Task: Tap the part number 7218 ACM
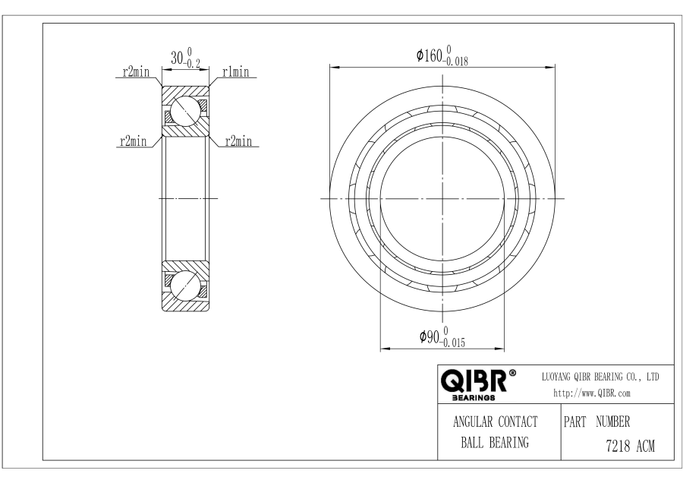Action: click(631, 446)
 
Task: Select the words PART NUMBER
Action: click(596, 421)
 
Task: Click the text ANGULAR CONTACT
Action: click(496, 421)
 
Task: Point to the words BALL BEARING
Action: click(495, 443)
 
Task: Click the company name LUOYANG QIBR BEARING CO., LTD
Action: click(600, 377)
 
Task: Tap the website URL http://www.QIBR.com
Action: click(591, 393)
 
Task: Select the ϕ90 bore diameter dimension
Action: click(442, 337)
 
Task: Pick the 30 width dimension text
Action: click(186, 58)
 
